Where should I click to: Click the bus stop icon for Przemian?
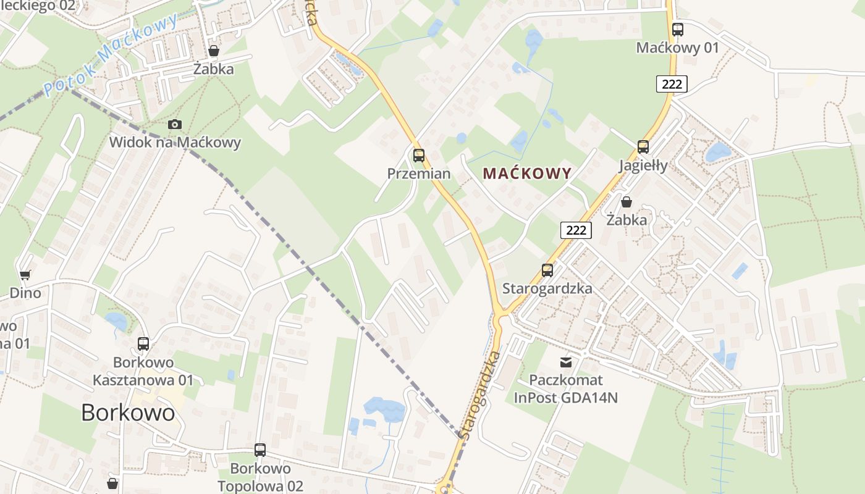click(x=419, y=155)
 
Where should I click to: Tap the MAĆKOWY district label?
click(x=527, y=174)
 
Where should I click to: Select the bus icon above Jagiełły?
click(x=643, y=146)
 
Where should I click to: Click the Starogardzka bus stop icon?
click(x=547, y=270)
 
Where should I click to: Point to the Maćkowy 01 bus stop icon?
click(x=678, y=29)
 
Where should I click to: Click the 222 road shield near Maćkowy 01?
click(x=672, y=84)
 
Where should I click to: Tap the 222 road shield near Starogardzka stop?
click(x=576, y=230)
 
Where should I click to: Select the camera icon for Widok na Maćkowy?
click(x=175, y=124)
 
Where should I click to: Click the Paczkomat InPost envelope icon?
click(x=566, y=362)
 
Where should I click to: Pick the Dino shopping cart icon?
click(x=25, y=275)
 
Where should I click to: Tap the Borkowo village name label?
click(x=128, y=412)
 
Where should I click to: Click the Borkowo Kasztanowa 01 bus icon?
click(x=143, y=343)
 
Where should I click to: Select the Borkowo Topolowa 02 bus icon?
click(x=260, y=450)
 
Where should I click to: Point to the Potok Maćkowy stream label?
click(x=111, y=52)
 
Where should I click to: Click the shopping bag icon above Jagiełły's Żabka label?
click(x=627, y=201)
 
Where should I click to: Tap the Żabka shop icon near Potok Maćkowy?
click(x=214, y=51)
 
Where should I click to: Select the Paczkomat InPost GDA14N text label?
click(x=566, y=388)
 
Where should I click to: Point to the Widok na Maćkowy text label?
click(x=175, y=143)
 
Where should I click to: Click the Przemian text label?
click(x=419, y=174)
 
